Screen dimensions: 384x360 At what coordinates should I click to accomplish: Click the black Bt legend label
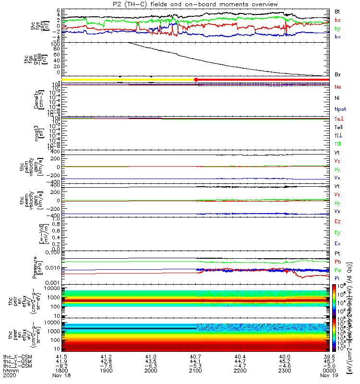(337, 11)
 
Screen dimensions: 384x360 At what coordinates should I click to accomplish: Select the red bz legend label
(337, 20)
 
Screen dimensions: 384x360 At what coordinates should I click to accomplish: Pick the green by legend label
(337, 28)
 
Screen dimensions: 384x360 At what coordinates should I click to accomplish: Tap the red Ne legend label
(337, 87)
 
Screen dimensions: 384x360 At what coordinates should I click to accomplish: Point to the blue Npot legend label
(340, 109)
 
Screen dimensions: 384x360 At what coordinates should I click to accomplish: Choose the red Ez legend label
(337, 221)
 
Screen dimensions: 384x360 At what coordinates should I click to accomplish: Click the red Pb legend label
(337, 262)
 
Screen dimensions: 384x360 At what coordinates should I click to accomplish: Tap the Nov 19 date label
(330, 377)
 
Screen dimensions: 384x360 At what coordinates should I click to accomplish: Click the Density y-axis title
(36, 100)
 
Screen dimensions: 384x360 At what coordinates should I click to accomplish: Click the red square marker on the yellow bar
(196, 79)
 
